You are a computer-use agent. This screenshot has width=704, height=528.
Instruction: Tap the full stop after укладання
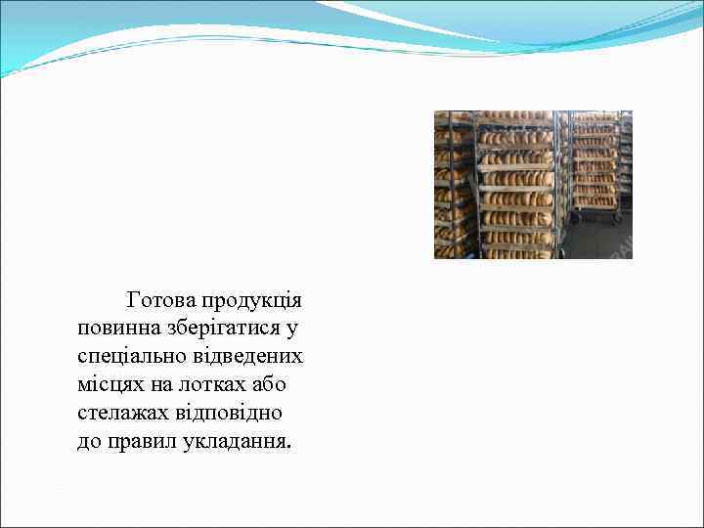tap(288, 446)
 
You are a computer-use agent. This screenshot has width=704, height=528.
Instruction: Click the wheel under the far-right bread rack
tap(617, 219)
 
